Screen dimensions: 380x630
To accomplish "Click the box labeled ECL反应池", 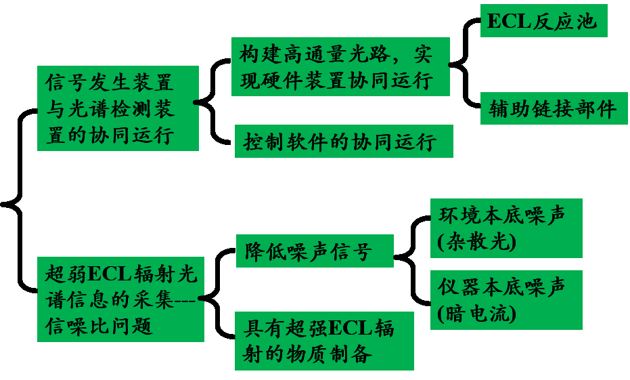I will tap(543, 21).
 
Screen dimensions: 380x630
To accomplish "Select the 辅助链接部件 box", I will tap(554, 109).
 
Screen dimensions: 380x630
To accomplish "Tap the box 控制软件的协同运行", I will tap(343, 142).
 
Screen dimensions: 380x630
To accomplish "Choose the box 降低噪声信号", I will tap(315, 251).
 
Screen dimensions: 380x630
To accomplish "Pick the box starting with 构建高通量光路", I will tap(340, 66).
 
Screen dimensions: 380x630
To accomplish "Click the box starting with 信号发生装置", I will tap(118, 108).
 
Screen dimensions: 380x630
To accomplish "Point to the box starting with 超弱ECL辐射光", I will tap(120, 299).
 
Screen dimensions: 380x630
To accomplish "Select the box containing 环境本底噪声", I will tap(505, 228).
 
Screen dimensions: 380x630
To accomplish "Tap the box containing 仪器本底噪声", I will tap(505, 300).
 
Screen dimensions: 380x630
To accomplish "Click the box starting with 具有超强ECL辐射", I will tap(324, 341).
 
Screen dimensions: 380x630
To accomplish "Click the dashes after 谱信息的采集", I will tap(183, 300).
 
